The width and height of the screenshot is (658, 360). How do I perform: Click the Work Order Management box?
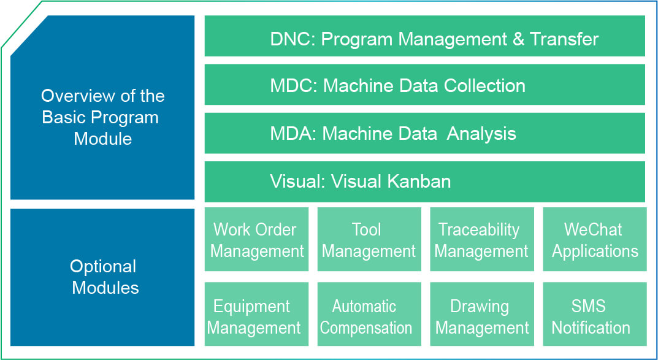pos(256,239)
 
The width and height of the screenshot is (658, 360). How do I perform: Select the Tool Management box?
pos(369,239)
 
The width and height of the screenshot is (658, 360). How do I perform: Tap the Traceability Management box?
pos(482,239)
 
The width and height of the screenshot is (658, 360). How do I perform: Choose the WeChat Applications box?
pos(595,239)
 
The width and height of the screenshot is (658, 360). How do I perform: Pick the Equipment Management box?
pos(256,314)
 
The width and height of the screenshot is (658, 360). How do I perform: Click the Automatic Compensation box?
pos(369,314)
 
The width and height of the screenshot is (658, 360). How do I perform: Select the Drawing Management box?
pos(482,314)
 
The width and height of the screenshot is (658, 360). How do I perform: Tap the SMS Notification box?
pos(595,314)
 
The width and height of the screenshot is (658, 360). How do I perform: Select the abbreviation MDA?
pos(293,134)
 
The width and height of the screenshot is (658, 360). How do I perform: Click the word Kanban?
pos(419,182)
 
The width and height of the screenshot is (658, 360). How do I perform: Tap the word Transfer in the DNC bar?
pos(564,39)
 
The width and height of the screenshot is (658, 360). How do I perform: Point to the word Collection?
pos(484,86)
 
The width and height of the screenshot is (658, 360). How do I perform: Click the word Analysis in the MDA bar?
pos(481,134)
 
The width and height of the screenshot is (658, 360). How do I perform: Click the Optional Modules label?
pos(103,277)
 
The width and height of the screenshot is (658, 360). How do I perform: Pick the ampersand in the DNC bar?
pos(518,39)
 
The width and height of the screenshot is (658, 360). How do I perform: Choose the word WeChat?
pos(592,229)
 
